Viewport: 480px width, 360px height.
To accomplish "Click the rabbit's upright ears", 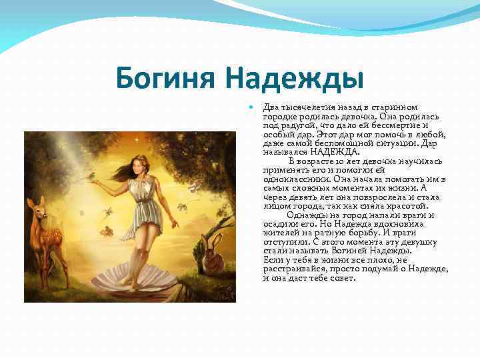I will tap(209, 236).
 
